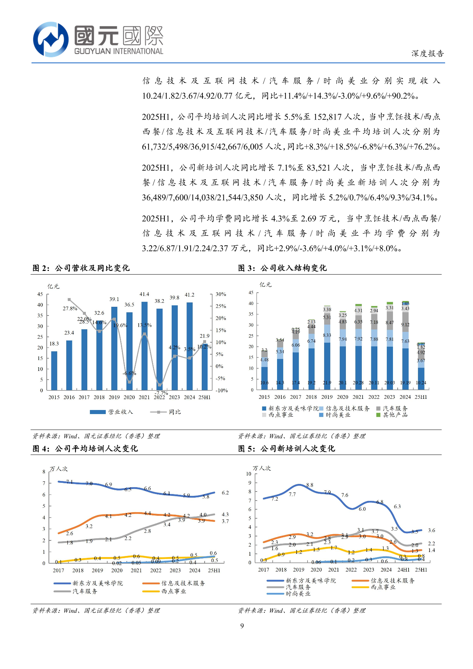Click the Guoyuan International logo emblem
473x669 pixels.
51,39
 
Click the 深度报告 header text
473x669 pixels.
427,54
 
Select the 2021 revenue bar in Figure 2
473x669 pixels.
144,346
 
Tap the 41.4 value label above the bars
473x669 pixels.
144,294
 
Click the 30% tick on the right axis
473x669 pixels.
221,294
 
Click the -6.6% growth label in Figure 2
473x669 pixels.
129,373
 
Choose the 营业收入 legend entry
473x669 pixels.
112,412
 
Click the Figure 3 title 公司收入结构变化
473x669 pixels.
293,268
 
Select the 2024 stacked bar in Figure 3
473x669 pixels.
405,346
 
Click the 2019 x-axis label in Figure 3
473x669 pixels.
327,397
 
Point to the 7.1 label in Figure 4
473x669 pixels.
70,482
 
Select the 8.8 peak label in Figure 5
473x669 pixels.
310,485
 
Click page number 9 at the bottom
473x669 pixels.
242,626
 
